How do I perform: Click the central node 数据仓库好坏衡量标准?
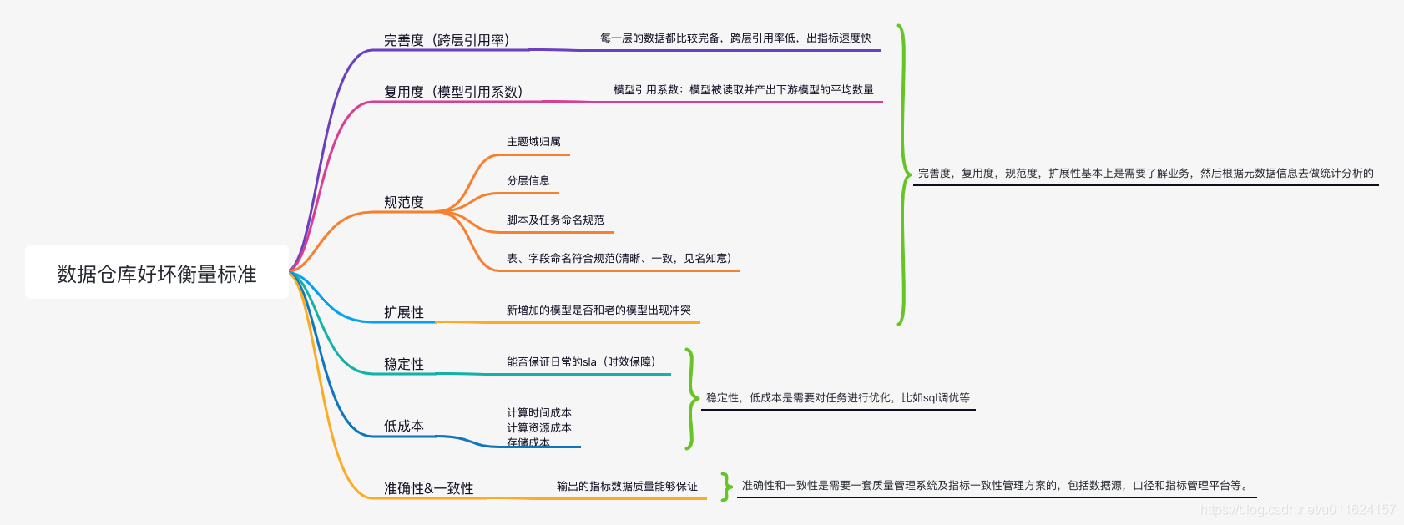pyautogui.click(x=157, y=273)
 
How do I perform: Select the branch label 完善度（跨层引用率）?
pyautogui.click(x=447, y=40)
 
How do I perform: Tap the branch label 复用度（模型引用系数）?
pyautogui.click(x=453, y=92)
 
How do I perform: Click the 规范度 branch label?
pyautogui.click(x=404, y=202)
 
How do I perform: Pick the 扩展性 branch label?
pyautogui.click(x=404, y=312)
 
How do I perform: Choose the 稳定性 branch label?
pyautogui.click(x=404, y=364)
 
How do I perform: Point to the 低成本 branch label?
pyautogui.click(x=404, y=426)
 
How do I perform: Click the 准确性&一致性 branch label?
pyautogui.click(x=428, y=488)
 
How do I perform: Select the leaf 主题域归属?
pyautogui.click(x=533, y=142)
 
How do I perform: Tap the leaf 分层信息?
pyautogui.click(x=528, y=180)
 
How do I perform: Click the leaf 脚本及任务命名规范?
pyautogui.click(x=555, y=220)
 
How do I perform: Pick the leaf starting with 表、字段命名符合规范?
pyautogui.click(x=619, y=258)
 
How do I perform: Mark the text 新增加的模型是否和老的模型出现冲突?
pyautogui.click(x=598, y=310)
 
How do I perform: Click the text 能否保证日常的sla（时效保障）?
pyautogui.click(x=581, y=361)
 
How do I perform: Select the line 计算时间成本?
pyautogui.click(x=539, y=412)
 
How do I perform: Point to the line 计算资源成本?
pyautogui.click(x=539, y=427)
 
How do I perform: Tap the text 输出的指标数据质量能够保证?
pyautogui.click(x=627, y=486)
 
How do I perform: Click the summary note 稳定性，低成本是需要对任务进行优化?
pyautogui.click(x=838, y=398)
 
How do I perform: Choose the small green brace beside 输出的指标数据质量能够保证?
pyautogui.click(x=726, y=486)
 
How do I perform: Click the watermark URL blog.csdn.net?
pyautogui.click(x=1297, y=509)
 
